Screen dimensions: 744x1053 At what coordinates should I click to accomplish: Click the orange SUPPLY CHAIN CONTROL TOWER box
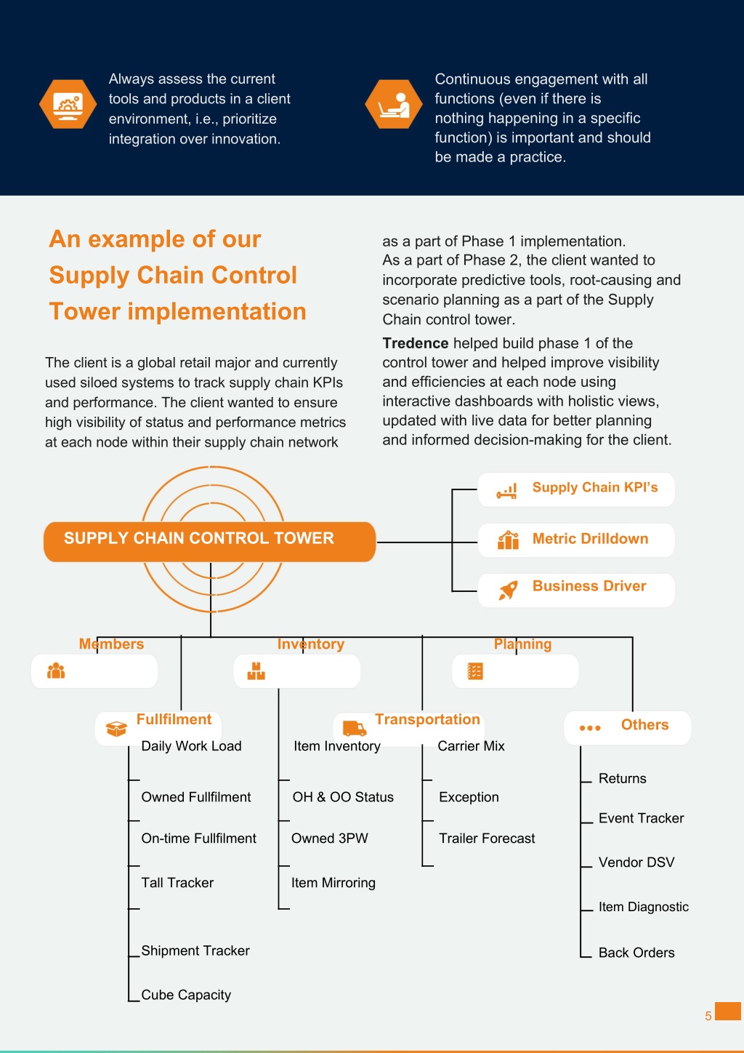(x=209, y=542)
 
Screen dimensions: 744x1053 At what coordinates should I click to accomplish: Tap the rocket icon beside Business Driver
(x=508, y=590)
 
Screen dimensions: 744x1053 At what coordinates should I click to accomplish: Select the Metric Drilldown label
(x=590, y=538)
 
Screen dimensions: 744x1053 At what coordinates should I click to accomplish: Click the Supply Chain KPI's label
(x=594, y=487)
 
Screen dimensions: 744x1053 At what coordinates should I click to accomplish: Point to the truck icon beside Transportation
(x=355, y=728)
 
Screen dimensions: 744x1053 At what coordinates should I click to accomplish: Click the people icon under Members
(x=56, y=670)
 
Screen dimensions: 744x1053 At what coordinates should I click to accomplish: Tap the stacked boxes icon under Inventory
(x=256, y=670)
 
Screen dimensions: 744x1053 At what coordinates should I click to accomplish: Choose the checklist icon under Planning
(x=475, y=671)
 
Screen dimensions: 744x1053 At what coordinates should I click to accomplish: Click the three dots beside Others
(x=590, y=728)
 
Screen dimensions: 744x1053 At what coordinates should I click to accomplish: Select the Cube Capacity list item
(x=186, y=994)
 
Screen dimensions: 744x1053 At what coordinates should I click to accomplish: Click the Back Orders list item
(x=636, y=952)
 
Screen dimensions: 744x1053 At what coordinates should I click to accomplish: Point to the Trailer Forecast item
(x=487, y=838)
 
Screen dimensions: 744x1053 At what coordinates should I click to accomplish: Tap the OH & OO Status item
(x=343, y=796)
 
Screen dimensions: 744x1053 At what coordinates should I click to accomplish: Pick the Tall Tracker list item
(x=177, y=882)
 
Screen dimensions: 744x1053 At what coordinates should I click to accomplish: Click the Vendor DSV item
(x=636, y=862)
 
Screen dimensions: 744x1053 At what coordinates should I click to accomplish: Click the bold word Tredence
(x=415, y=343)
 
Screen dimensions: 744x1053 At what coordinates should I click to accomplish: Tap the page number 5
(x=708, y=1016)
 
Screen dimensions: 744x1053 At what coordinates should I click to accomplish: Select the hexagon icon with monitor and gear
(x=68, y=104)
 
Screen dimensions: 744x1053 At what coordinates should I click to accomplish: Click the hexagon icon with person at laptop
(x=394, y=104)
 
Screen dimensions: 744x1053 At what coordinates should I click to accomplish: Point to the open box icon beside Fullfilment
(x=116, y=729)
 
